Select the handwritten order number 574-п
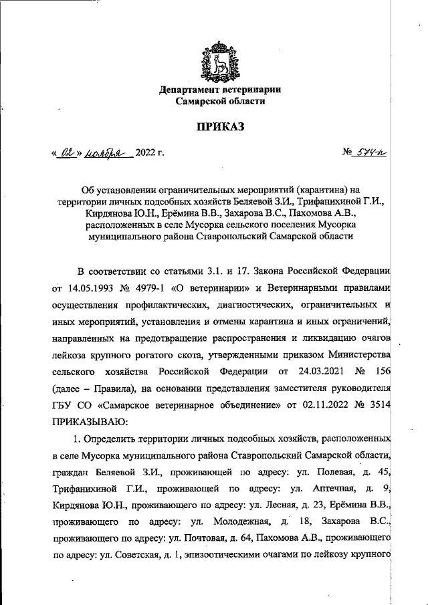374,153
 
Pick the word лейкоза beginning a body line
69,354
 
